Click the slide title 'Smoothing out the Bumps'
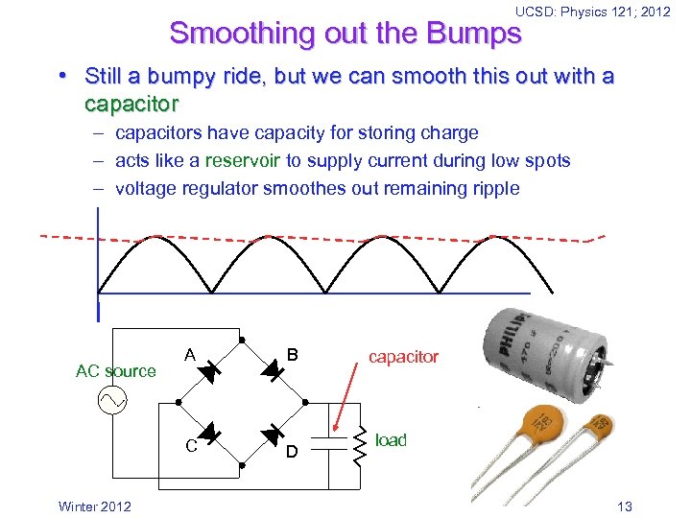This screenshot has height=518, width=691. click(x=345, y=33)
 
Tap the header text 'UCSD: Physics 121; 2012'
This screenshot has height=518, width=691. click(x=592, y=12)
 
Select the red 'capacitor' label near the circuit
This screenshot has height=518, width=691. click(x=403, y=357)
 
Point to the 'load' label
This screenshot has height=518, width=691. click(x=391, y=440)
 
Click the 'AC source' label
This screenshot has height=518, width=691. click(x=115, y=371)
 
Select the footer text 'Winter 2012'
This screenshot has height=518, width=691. click(x=93, y=506)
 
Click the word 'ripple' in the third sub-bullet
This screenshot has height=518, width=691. click(x=493, y=189)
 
